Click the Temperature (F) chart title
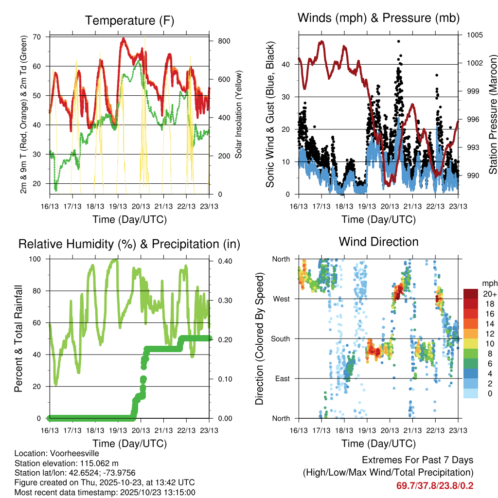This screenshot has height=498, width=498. [x=129, y=20]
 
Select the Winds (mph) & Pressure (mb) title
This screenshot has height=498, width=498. [x=378, y=18]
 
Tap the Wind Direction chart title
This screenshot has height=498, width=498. [x=378, y=241]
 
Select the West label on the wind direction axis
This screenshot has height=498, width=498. [x=283, y=299]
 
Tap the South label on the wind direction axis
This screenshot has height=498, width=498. [x=281, y=338]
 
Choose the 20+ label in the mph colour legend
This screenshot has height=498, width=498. [x=488, y=294]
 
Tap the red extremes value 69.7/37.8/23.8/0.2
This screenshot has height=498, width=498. [x=435, y=485]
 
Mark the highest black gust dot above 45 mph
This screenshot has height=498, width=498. [x=398, y=41]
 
